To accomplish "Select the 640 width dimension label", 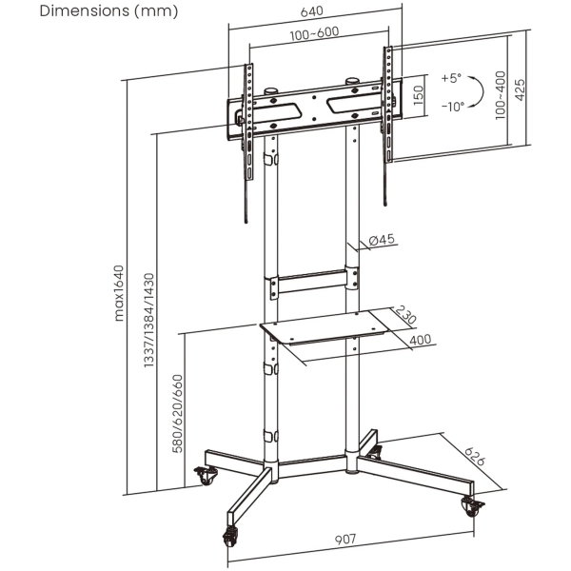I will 312,11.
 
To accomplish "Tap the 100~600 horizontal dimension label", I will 312,33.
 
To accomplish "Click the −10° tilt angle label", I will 452,107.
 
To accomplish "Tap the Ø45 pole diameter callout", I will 382,240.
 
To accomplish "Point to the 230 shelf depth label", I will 408,316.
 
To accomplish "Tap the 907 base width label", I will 345,539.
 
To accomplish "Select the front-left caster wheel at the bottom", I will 231,537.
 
